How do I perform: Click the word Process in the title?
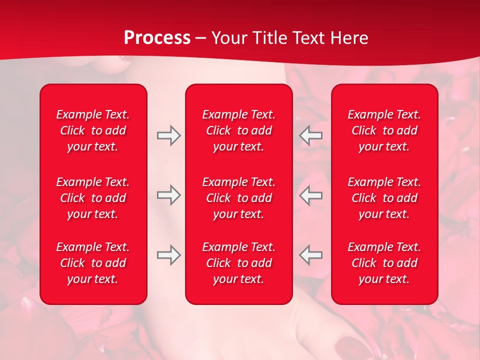[x=157, y=38]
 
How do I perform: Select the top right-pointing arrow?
[x=168, y=135]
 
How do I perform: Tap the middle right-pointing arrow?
[x=168, y=195]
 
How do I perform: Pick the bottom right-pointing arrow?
[x=168, y=254]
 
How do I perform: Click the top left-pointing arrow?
[x=311, y=135]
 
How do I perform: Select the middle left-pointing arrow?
[x=311, y=195]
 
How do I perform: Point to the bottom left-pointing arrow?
[x=311, y=254]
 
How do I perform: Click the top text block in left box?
[x=93, y=130]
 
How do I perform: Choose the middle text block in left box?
[x=93, y=198]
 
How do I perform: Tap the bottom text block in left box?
[x=93, y=263]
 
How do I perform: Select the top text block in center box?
[x=239, y=130]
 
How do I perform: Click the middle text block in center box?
[x=239, y=198]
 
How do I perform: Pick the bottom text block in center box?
[x=239, y=263]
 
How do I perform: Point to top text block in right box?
[x=384, y=130]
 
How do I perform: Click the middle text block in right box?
[x=384, y=198]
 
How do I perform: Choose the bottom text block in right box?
[x=384, y=263]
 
